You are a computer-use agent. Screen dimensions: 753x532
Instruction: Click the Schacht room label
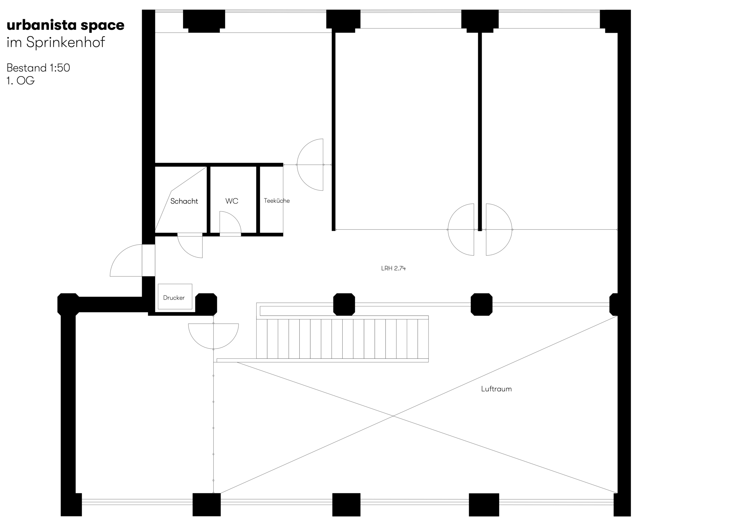(x=184, y=201)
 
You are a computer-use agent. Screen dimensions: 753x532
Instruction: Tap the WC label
(x=231, y=201)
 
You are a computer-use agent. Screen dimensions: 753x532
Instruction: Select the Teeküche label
(x=276, y=201)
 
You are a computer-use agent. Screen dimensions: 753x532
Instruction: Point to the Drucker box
(x=175, y=296)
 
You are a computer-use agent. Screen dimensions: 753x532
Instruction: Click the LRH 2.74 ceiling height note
(x=393, y=268)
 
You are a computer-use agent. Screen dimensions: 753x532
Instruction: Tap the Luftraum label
(x=496, y=389)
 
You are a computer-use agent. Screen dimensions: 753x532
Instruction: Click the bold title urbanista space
(x=66, y=25)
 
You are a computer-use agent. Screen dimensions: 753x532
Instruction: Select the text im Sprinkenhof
(x=56, y=42)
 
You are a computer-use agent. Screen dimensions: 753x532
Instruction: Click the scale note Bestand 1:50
(x=38, y=68)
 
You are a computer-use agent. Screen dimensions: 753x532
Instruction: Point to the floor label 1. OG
(x=20, y=81)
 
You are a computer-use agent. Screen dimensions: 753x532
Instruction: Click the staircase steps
(x=342, y=339)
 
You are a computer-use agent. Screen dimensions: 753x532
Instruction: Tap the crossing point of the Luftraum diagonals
(x=393, y=416)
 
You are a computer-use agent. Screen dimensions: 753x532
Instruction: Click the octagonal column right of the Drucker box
(x=206, y=304)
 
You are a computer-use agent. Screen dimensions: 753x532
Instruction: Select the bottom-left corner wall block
(x=71, y=504)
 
